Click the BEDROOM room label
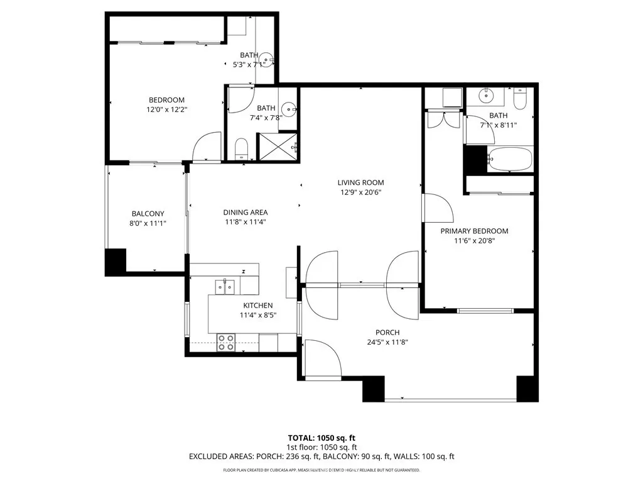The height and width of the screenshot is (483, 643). pos(166,100)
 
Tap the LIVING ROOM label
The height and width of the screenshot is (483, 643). pos(361,182)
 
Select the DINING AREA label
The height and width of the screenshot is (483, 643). pos(246,213)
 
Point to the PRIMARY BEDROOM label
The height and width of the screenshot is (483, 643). pos(475,231)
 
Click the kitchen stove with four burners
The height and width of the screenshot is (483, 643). pos(226,343)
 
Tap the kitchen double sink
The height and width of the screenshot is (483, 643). pos(225,286)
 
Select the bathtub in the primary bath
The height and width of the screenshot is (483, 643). pos(510,159)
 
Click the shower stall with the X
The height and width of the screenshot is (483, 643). pos(277,147)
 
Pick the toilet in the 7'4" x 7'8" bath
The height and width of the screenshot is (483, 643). pos(242,149)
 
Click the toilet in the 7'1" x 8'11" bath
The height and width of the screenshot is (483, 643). pos(520,99)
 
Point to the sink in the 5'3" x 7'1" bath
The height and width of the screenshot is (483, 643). pos(266,60)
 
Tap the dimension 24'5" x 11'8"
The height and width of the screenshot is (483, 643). pos(387,342)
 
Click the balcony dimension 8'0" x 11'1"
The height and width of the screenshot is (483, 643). pos(148,223)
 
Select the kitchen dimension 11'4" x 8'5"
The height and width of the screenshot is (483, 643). pos(258,315)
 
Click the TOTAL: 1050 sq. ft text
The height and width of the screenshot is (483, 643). pos(321,438)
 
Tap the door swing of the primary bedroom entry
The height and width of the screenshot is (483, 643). pos(438,208)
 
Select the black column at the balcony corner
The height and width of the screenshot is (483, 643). pos(116,262)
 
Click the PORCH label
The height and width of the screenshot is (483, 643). pos(387,332)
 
